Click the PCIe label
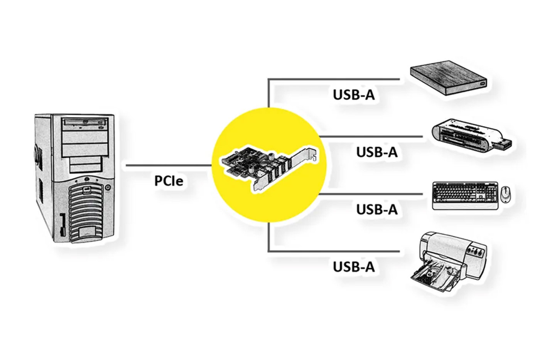tap(169, 180)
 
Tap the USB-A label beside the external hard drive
tap(354, 95)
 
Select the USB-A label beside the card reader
tap(376, 152)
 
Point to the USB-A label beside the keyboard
tap(376, 209)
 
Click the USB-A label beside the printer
tap(354, 266)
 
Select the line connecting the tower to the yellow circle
tap(169, 166)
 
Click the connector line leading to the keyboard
tap(370, 194)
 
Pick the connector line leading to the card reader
tap(370, 136)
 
